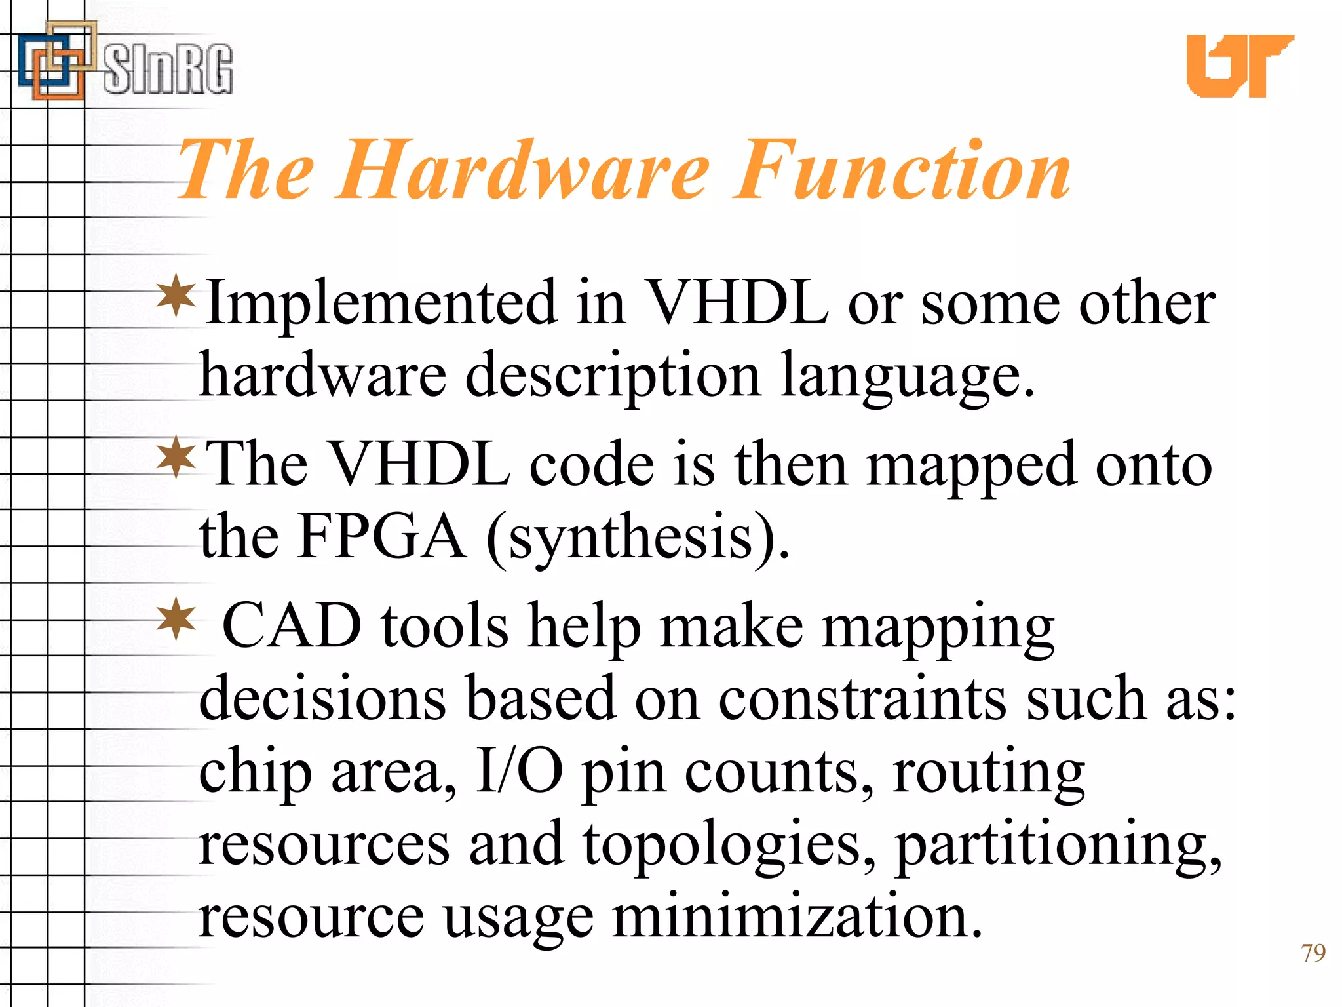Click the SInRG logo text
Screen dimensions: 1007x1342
[x=168, y=69]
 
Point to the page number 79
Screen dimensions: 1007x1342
[x=1313, y=953]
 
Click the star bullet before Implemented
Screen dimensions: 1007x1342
[x=176, y=296]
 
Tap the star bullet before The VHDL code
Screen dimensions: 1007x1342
[x=176, y=457]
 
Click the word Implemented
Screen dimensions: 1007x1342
[x=381, y=304]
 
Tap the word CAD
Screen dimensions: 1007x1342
[x=292, y=626]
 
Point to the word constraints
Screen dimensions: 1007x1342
[x=862, y=699]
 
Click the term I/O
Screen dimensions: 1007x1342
[x=518, y=772]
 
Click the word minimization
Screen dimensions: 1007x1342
[x=796, y=917]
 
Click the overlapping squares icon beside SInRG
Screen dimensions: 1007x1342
[x=56, y=62]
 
